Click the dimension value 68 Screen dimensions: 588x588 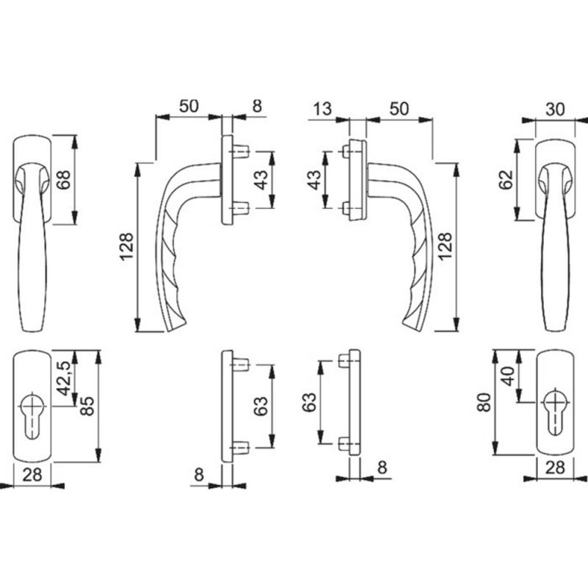click(65, 180)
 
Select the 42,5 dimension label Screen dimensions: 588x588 click(65, 379)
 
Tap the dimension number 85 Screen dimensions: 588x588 click(87, 406)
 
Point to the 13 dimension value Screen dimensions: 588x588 click(322, 109)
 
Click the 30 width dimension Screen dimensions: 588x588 click(555, 110)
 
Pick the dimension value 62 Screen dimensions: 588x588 click(506, 180)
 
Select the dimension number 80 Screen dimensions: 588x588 click(484, 402)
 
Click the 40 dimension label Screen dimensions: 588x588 click(509, 376)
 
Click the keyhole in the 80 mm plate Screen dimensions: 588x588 click(556, 412)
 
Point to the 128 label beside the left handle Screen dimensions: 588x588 click(126, 246)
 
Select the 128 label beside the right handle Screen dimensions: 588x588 click(445, 246)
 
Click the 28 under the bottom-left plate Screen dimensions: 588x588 click(32, 475)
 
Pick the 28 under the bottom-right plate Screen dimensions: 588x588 click(555, 467)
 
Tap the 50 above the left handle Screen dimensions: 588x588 click(189, 106)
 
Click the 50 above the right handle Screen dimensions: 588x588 click(398, 109)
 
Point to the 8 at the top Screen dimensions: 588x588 click(257, 106)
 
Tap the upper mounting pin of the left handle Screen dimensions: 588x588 click(240, 151)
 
